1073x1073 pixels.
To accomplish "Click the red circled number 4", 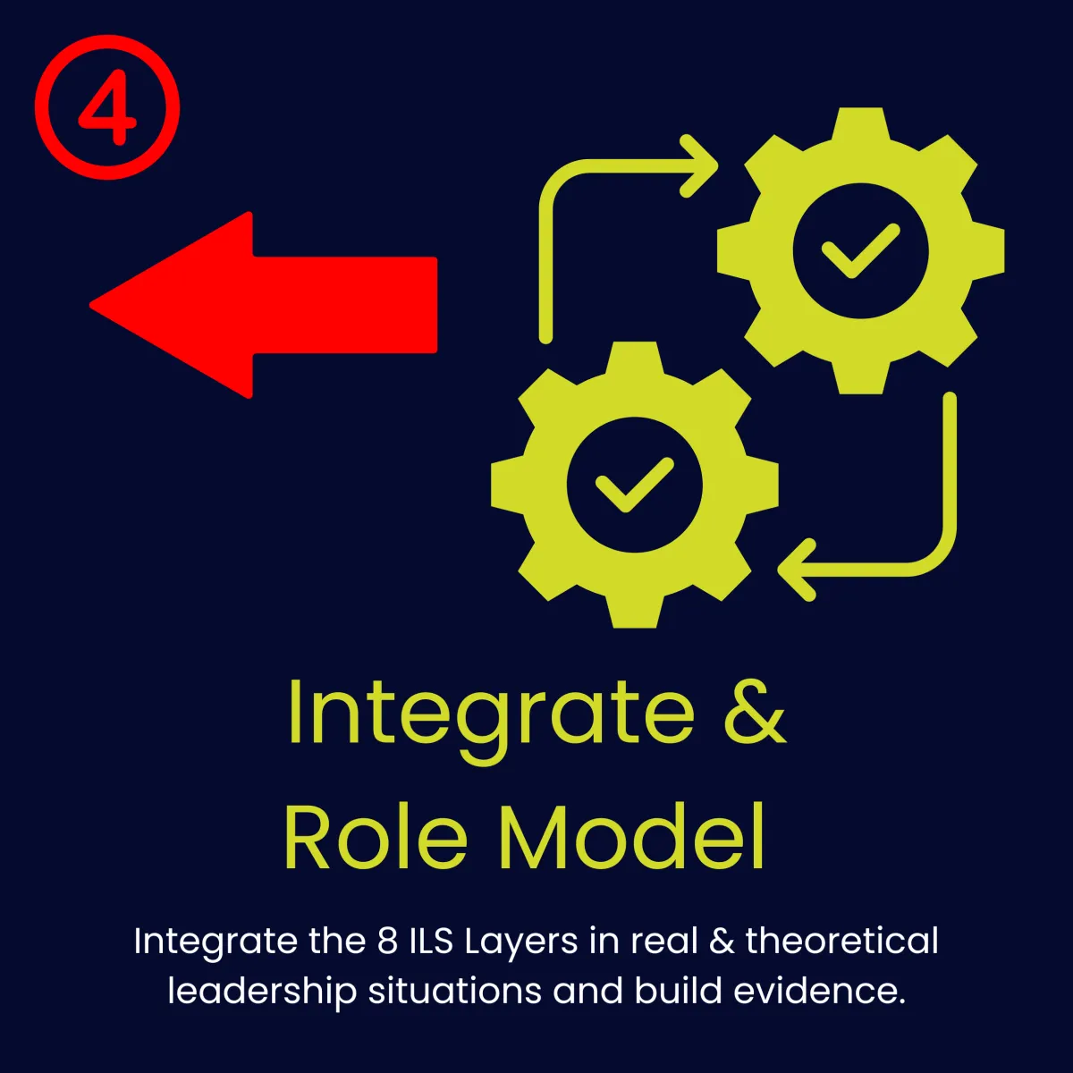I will click(107, 107).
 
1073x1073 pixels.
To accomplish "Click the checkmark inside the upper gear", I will click(860, 250).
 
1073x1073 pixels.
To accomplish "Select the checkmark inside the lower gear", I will click(634, 486).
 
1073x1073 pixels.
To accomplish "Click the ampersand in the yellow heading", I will click(755, 713).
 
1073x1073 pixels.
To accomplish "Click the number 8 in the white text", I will click(387, 942).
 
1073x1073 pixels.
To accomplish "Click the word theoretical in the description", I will click(841, 942).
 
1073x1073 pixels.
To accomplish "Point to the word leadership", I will click(264, 992).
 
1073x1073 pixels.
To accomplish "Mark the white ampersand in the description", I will click(721, 942).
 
